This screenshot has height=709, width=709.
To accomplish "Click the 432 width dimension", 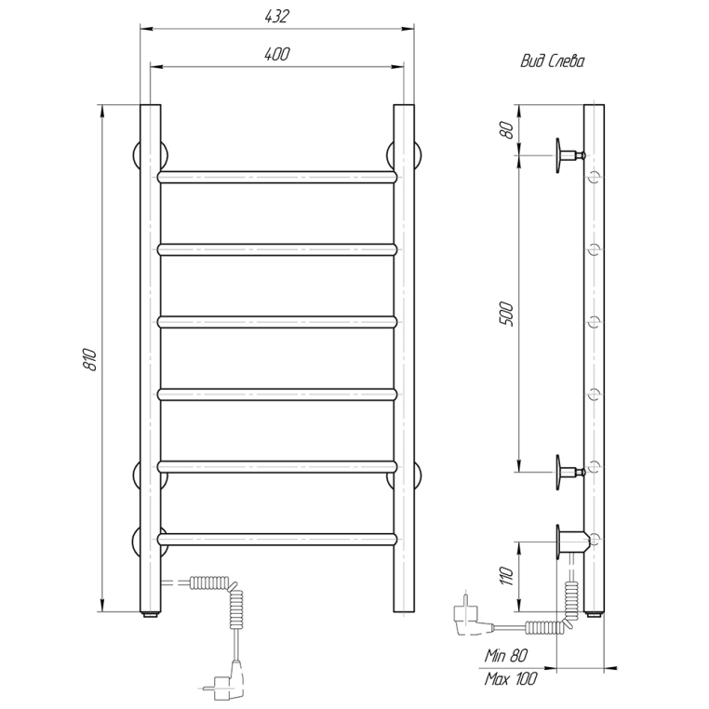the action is [x=276, y=16].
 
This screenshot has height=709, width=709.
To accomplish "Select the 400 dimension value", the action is [x=276, y=54].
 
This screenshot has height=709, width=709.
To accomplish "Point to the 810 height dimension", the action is [x=90, y=359].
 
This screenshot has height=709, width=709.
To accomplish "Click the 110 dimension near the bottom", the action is [x=507, y=576].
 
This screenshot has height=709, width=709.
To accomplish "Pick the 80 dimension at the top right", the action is [x=507, y=130].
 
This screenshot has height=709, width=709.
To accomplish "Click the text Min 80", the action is [x=506, y=655].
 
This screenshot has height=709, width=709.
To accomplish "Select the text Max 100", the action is [x=511, y=678].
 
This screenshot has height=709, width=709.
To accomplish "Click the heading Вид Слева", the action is [x=552, y=61].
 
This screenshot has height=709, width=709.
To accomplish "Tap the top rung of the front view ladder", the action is [x=277, y=177].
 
